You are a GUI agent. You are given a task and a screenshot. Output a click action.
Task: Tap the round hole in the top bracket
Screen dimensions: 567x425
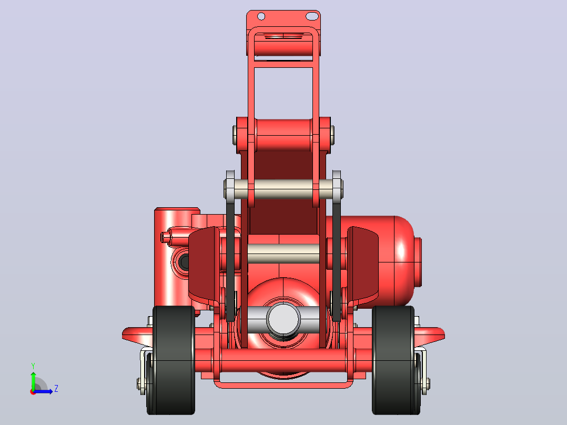pos(261,16)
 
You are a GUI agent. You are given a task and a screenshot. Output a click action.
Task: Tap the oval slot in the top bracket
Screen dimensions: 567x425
pos(312,16)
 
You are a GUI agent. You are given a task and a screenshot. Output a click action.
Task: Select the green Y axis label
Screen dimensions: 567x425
pos(33,366)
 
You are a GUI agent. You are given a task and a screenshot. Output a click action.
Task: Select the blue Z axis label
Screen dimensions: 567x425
pos(56,389)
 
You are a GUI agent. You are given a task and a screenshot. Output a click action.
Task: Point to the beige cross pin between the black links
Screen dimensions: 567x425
pos(283,189)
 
